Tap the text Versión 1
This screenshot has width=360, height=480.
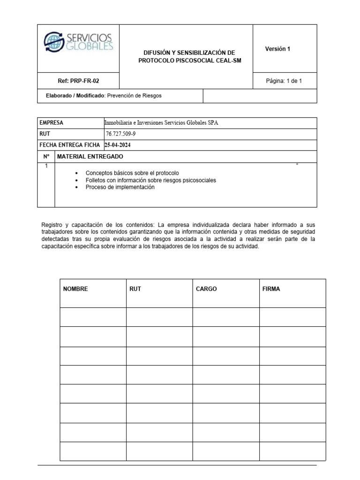277,49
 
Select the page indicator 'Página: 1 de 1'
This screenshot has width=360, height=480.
284,81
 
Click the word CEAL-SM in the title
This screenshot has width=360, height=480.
228,61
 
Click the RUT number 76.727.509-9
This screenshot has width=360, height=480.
122,134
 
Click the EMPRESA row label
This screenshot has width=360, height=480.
52,123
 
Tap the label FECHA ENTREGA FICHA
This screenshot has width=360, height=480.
69,145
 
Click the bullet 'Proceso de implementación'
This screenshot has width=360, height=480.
120,187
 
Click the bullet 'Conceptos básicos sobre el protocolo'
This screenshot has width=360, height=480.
132,173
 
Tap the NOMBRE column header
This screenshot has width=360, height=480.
75,289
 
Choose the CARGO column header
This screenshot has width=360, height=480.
206,289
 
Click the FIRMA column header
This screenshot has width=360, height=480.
271,289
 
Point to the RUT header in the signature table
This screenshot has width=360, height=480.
135,289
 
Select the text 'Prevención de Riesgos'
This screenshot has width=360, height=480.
134,96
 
